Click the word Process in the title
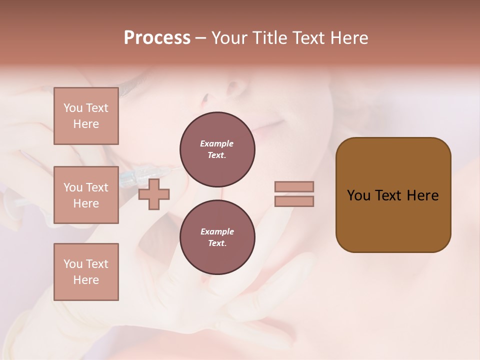tap(157, 38)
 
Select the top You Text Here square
tap(86, 116)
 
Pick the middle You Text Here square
tap(86, 195)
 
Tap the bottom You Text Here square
tap(86, 271)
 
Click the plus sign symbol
tap(154, 194)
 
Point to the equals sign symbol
tap(294, 194)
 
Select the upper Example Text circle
tap(217, 149)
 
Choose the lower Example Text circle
tap(217, 237)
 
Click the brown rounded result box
tap(393, 195)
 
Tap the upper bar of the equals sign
tap(294, 187)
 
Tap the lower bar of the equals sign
tap(294, 201)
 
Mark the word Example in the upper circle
tap(217, 143)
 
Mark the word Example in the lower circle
tap(217, 231)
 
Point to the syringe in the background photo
tap(145, 175)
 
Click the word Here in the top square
tap(86, 124)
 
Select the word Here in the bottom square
tap(86, 280)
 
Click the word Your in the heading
tap(229, 38)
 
